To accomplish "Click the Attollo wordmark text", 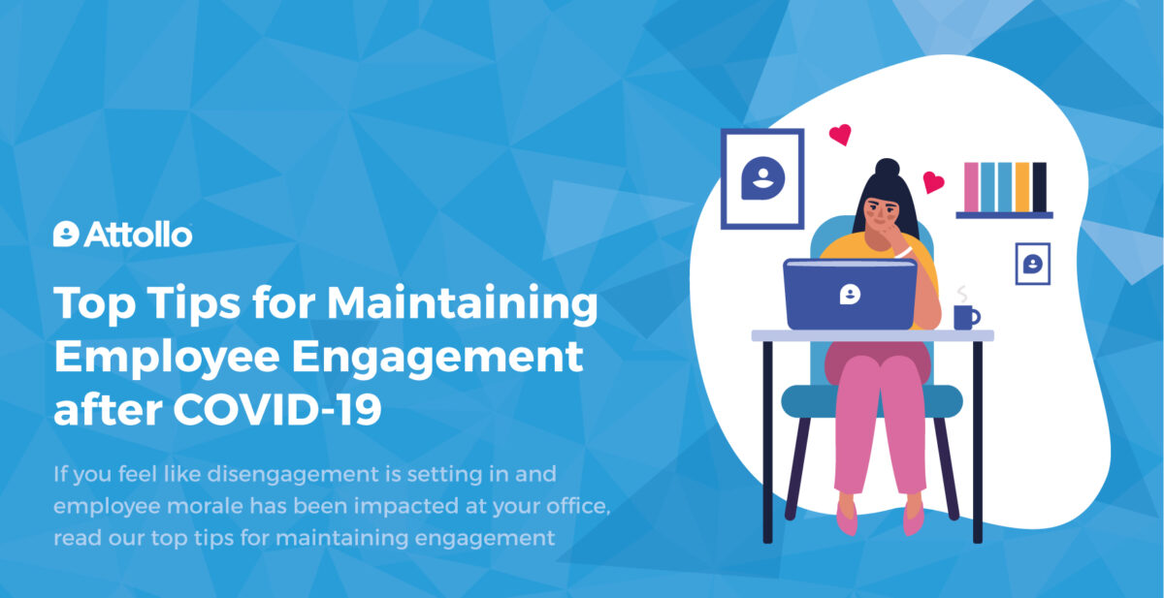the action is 138,235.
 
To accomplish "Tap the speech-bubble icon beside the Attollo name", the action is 66,235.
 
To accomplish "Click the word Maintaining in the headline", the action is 462,304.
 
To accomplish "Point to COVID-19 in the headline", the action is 277,410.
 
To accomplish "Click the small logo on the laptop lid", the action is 850,294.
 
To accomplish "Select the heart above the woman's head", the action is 840,135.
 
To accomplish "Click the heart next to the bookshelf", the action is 933,182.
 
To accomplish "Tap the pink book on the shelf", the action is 971,187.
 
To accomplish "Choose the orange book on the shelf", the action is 1022,187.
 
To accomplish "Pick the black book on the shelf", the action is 1039,187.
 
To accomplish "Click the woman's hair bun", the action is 887,169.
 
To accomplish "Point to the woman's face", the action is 882,213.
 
